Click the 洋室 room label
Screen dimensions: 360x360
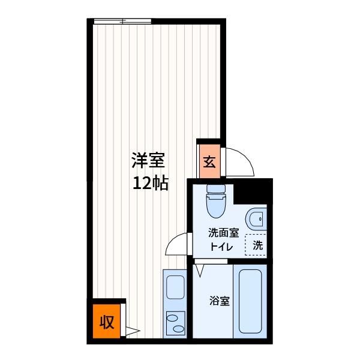148,160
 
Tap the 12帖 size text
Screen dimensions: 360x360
151,183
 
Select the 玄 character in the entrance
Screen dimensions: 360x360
209,162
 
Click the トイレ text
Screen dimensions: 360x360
221,247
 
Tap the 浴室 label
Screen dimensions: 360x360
220,301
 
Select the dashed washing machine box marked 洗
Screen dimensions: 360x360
256,245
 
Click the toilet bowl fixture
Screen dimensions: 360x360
215,206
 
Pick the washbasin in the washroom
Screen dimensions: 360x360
256,219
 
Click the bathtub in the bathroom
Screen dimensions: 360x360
250,301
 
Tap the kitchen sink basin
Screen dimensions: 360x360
175,287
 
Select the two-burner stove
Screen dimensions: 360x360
176,323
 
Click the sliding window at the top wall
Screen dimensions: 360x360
122,22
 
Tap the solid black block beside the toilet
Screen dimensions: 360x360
253,191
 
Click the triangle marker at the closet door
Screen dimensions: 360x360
133,331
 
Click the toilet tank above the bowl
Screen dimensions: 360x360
216,189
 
